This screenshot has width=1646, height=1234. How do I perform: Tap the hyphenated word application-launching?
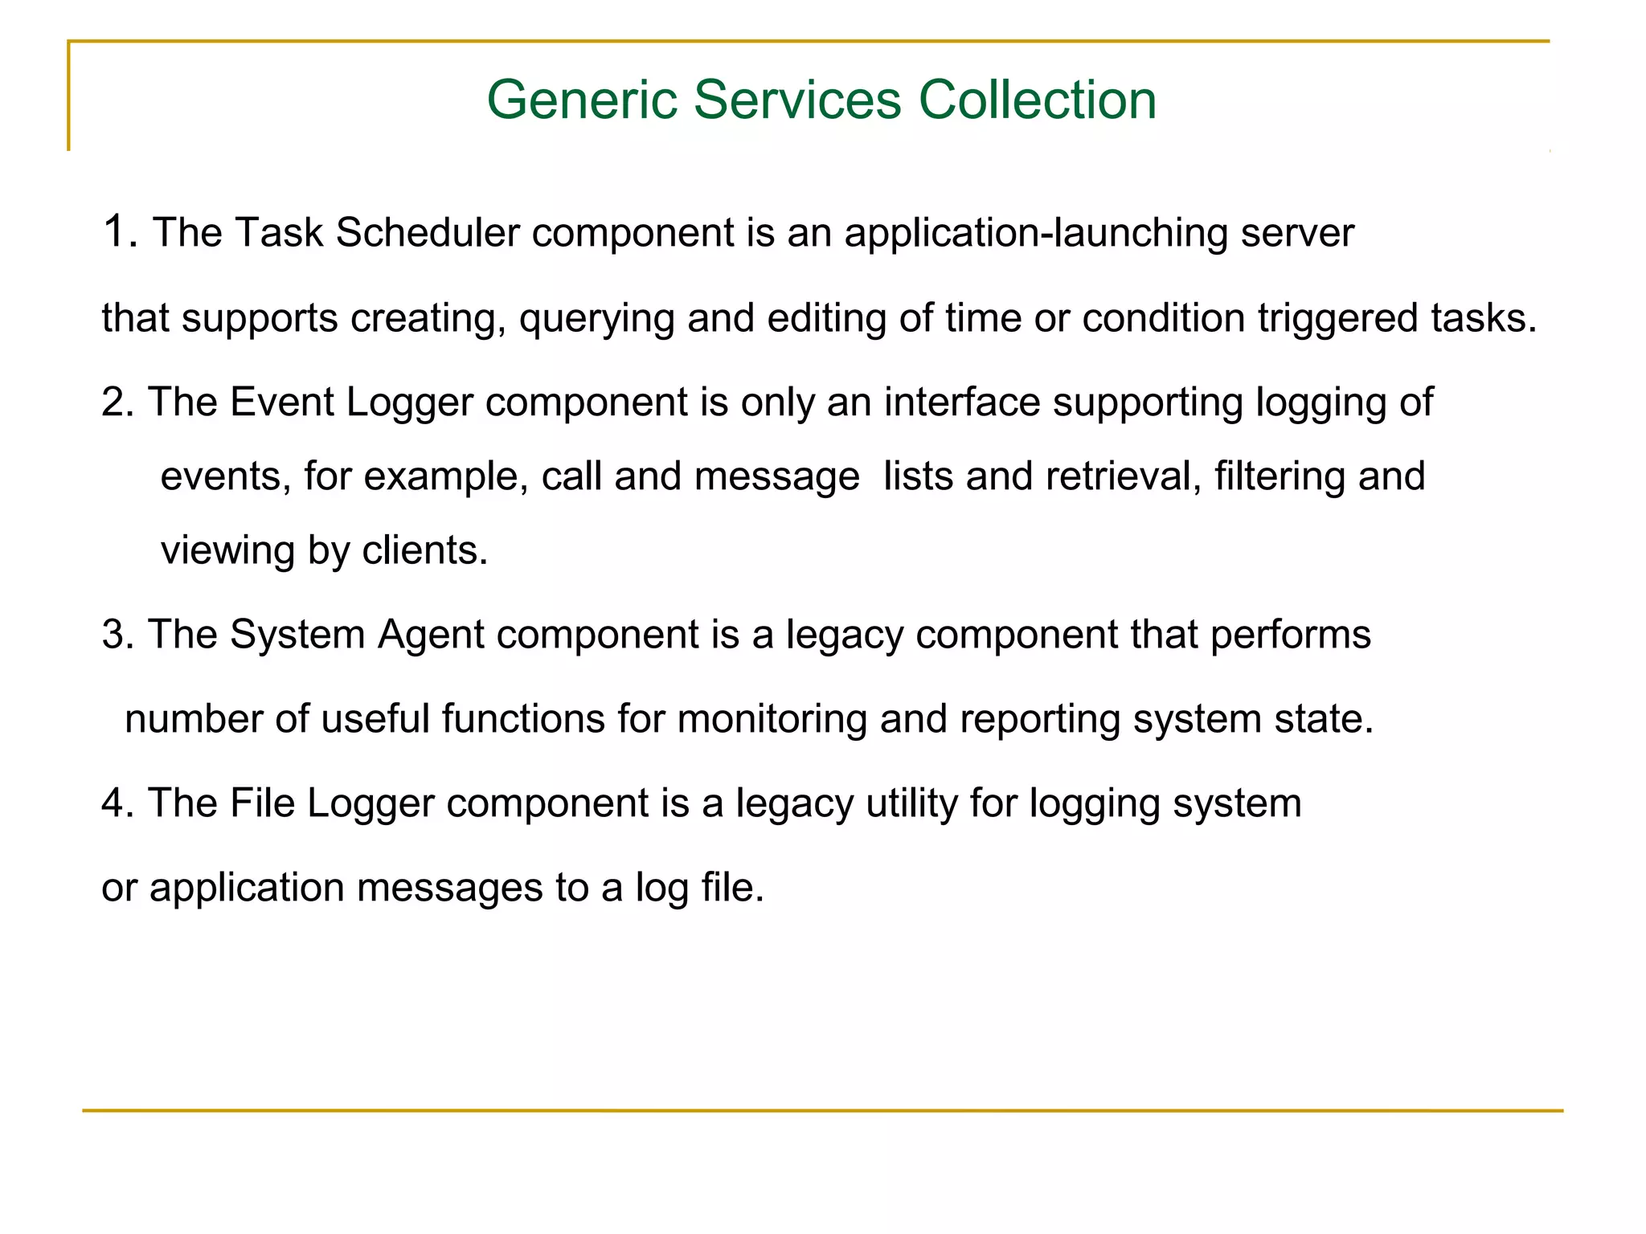(x=1035, y=234)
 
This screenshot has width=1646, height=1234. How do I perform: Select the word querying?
(x=596, y=318)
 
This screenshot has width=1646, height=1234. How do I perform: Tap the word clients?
(x=424, y=550)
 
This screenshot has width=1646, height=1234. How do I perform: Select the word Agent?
(x=431, y=635)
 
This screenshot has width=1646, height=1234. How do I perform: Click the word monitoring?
(x=772, y=719)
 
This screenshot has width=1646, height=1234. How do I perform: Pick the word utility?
(x=911, y=803)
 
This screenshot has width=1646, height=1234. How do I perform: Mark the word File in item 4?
(x=262, y=803)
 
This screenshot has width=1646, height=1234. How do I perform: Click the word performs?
(x=1290, y=635)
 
